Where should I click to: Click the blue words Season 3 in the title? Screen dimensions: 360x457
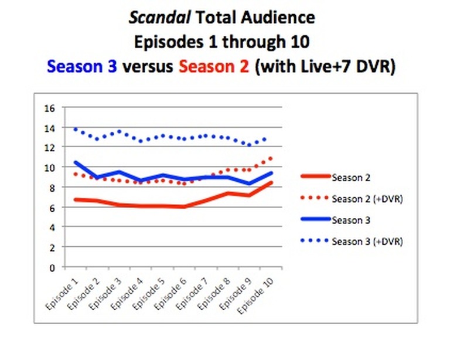pos(82,66)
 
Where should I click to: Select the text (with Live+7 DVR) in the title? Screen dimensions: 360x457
pos(325,66)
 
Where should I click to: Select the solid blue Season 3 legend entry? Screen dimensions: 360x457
pos(350,220)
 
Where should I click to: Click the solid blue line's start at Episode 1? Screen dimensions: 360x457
pos(75,162)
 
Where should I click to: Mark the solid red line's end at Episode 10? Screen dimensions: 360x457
pos(271,182)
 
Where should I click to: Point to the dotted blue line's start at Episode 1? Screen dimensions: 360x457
pos(75,129)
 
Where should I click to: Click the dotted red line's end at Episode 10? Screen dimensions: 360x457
pos(271,158)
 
